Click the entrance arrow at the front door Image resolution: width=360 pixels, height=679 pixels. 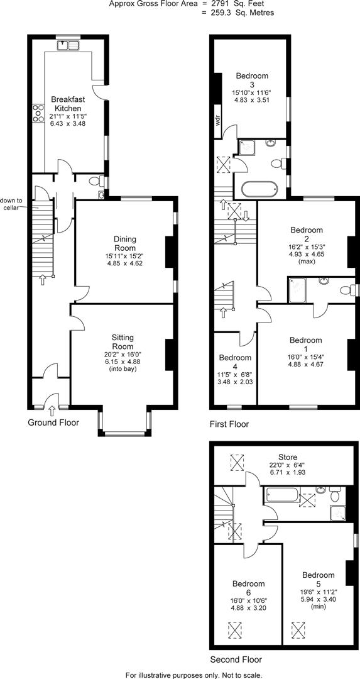pyautogui.click(x=52, y=411)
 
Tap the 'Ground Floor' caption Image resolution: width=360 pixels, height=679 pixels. pyautogui.click(x=53, y=422)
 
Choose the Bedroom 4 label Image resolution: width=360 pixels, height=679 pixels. pyautogui.click(x=236, y=358)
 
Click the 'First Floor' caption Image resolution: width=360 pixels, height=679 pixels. pyautogui.click(x=229, y=424)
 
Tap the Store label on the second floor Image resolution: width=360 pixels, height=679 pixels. pyautogui.click(x=288, y=457)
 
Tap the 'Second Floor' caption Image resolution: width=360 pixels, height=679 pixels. pyautogui.click(x=236, y=660)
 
